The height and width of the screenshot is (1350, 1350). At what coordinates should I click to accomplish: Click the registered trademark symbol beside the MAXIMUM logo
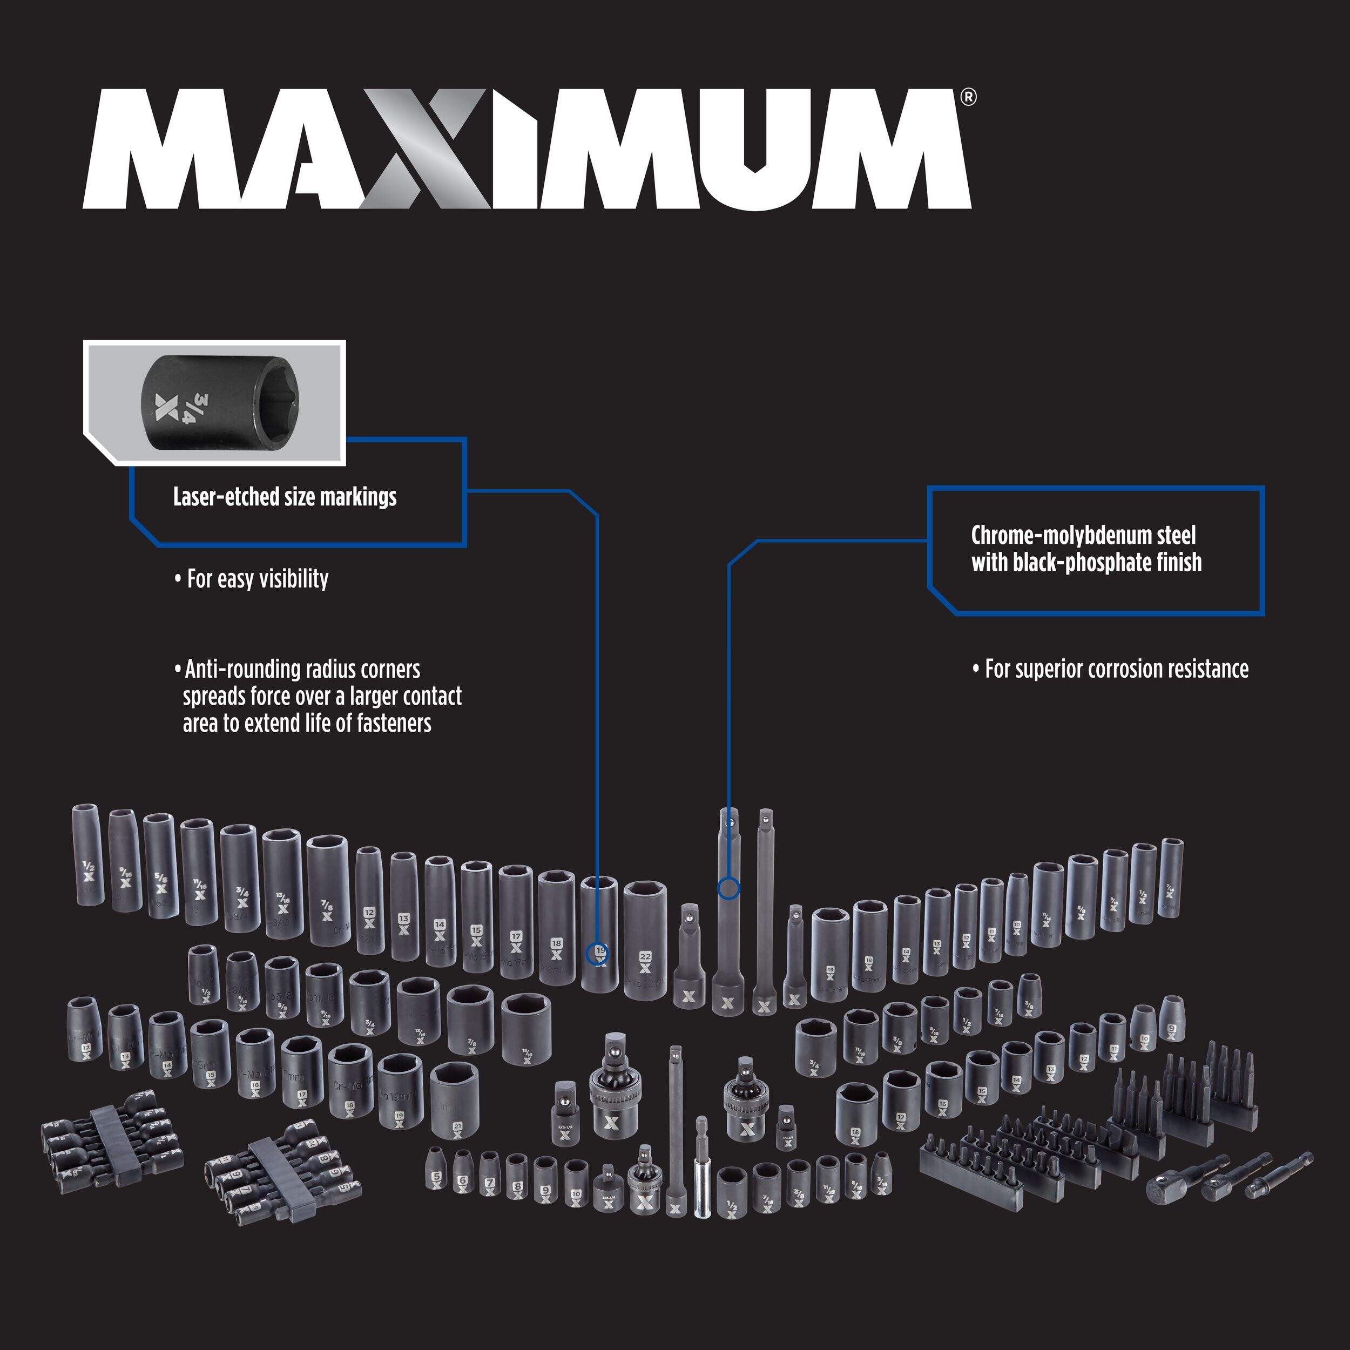tap(968, 97)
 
